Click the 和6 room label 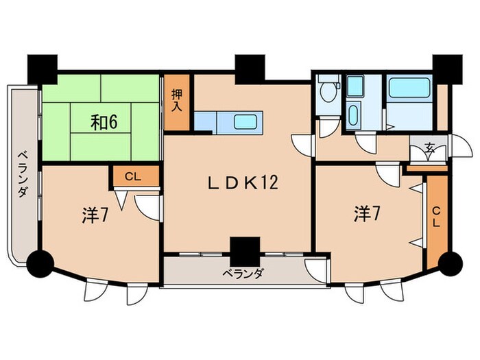tap(105, 123)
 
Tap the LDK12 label tap(242, 183)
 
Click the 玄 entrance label tap(429, 147)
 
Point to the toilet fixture tap(329, 91)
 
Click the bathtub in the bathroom tap(409, 88)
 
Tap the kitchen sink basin tap(247, 122)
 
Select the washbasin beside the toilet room tap(353, 114)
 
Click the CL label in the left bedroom tap(132, 176)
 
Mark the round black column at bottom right tap(449, 262)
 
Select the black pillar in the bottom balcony tap(245, 250)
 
